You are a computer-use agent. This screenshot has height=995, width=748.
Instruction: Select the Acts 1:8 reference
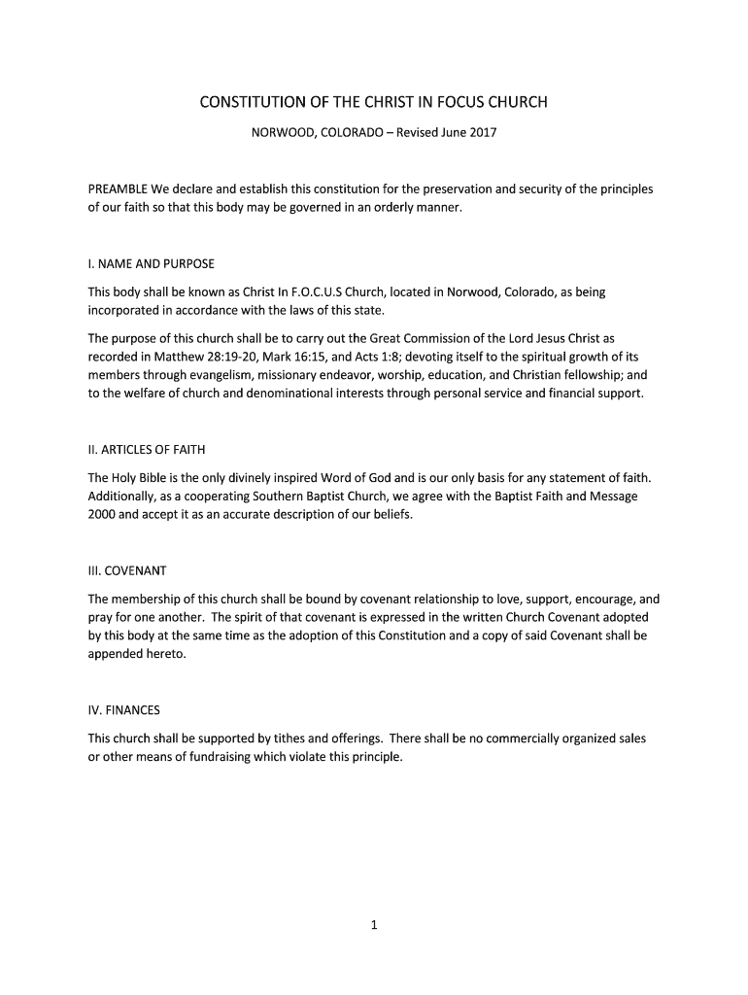tap(365, 357)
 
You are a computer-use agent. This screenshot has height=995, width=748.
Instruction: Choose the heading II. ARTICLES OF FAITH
tap(147, 450)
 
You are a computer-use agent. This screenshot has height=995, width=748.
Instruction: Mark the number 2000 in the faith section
tap(102, 515)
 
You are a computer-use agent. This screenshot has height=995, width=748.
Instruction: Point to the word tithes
tap(288, 738)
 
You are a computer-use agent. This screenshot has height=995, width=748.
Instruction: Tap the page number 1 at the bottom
tap(374, 925)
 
